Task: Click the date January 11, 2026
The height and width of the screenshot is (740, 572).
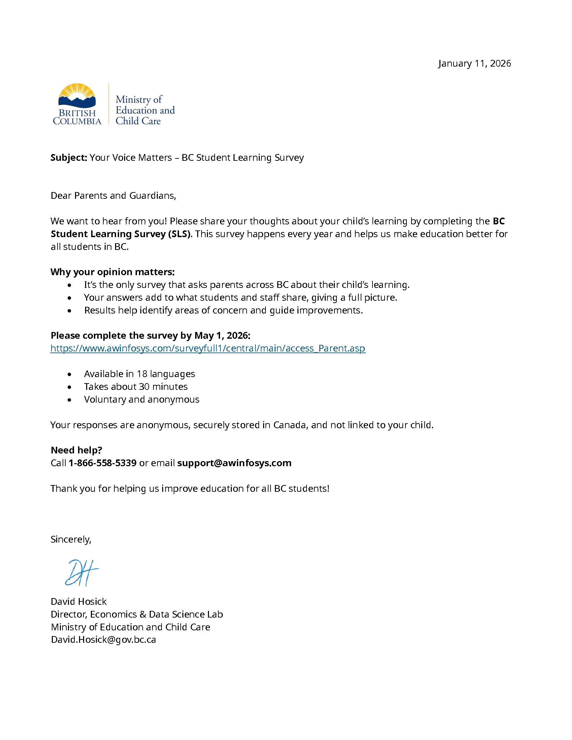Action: coord(474,64)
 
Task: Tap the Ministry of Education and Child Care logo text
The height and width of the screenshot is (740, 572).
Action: coord(145,110)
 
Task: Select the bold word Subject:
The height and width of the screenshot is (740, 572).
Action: coord(69,157)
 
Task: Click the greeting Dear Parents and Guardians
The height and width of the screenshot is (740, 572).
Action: coord(113,195)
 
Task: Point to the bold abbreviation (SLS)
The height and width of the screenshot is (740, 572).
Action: coord(179,234)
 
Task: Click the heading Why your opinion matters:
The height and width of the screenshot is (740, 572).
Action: coord(112,272)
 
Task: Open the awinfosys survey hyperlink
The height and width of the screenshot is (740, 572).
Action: coord(208,348)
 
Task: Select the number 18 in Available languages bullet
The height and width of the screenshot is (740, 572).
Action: coord(142,374)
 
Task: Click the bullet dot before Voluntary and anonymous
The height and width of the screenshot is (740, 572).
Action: coord(69,400)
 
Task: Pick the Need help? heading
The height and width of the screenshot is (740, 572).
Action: coord(76,450)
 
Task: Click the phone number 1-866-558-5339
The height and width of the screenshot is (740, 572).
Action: coord(102,463)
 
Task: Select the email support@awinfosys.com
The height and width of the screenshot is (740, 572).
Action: coord(234,463)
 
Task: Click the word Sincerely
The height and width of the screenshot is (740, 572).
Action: coord(70,540)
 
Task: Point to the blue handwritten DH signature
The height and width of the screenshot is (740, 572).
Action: coord(81,572)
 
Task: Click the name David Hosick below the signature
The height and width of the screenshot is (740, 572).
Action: coord(79,601)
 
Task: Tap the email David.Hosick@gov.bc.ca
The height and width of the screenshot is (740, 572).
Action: coord(103,639)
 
